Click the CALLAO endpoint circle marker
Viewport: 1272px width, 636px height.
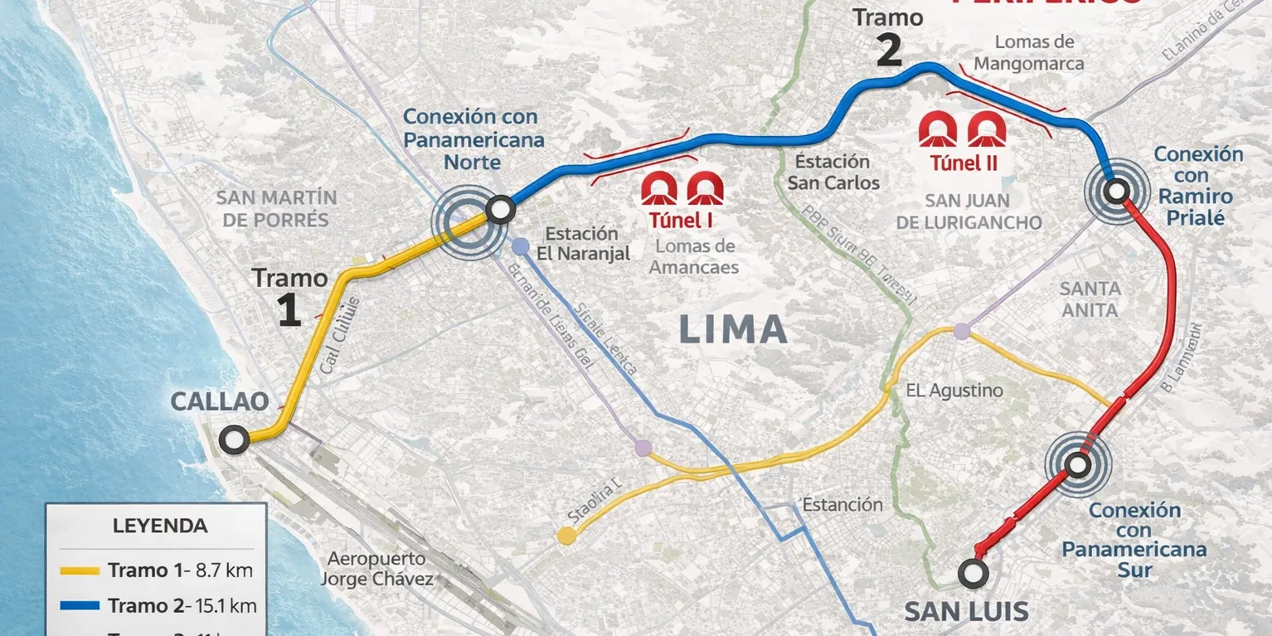point(235,440)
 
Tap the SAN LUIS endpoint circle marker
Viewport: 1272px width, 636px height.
point(973,573)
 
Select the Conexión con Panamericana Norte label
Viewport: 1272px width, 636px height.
point(473,138)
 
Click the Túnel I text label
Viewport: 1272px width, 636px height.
point(682,221)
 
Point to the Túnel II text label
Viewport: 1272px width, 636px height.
point(963,163)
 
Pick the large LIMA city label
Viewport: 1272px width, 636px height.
point(733,330)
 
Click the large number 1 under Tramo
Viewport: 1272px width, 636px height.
point(289,311)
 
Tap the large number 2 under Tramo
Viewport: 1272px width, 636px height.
point(888,51)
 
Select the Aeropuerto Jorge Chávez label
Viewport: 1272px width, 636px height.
point(376,569)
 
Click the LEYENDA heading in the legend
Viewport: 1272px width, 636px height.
point(160,526)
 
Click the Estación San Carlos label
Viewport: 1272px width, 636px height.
point(833,172)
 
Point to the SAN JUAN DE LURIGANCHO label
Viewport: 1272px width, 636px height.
point(969,211)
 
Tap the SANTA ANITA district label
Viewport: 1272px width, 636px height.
point(1090,299)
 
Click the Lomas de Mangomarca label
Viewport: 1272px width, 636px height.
point(1029,52)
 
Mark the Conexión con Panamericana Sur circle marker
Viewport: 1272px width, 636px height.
point(1078,465)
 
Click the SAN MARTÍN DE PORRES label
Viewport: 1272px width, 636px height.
point(276,209)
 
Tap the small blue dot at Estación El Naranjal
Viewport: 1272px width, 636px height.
point(520,246)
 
